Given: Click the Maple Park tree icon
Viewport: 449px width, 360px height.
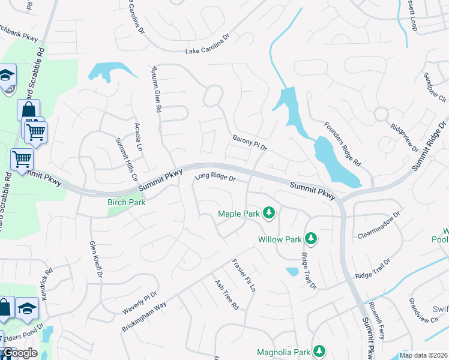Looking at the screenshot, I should coord(270,213).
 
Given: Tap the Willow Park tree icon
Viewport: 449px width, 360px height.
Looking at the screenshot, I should coord(311,239).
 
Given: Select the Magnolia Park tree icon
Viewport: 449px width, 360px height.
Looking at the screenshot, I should coord(320,351).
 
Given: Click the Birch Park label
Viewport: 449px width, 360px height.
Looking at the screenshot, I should coord(126,202).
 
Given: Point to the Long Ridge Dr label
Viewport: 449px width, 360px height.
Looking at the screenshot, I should coord(215,178).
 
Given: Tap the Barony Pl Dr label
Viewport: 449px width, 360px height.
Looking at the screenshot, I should coord(250,143).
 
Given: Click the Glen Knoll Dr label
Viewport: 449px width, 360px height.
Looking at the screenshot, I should coord(96,259).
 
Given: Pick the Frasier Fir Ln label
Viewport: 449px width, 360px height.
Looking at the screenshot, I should coord(244,275).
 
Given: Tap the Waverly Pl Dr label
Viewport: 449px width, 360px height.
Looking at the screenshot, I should coord(139,302).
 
